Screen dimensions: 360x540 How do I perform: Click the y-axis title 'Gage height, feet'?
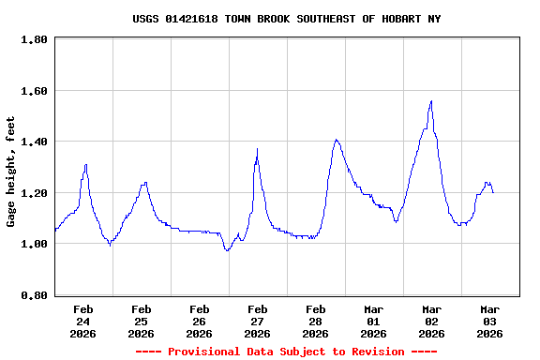[11, 172]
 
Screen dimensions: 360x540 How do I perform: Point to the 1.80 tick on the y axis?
[35, 40]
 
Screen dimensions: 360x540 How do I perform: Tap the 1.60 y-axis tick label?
[35, 91]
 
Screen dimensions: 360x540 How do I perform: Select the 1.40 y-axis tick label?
[35, 142]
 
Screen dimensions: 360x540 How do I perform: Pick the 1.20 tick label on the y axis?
[35, 193]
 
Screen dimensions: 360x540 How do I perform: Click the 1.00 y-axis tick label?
[35, 245]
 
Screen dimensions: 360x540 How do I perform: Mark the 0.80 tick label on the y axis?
[35, 295]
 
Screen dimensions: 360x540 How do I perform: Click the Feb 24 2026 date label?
[83, 321]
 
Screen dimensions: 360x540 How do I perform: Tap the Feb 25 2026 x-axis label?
[142, 321]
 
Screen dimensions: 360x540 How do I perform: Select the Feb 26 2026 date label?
[200, 321]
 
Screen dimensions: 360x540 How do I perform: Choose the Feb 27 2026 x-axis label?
[258, 321]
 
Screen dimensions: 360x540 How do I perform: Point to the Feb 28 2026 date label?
[316, 321]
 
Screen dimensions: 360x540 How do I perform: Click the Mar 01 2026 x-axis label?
[374, 321]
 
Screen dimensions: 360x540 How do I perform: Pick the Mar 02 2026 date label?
[432, 321]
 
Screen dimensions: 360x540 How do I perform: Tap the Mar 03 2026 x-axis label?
[490, 321]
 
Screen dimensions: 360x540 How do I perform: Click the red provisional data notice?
[286, 352]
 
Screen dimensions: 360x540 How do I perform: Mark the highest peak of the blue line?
[431, 101]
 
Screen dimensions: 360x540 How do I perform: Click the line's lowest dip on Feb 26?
[227, 250]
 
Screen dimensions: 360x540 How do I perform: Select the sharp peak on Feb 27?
[257, 149]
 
